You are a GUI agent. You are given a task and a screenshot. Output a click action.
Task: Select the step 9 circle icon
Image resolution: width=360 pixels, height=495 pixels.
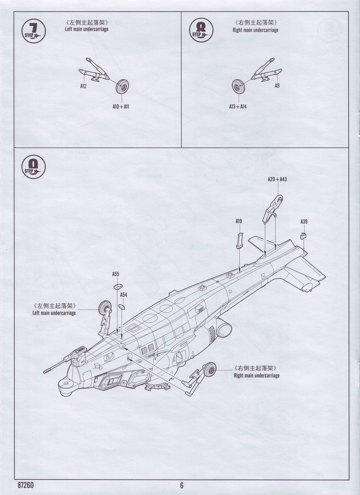point(33,167)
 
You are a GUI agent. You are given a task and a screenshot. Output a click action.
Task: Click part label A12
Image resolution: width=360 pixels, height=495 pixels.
point(83,86)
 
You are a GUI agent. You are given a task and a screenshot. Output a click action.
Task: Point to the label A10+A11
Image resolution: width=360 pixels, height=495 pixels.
point(121,106)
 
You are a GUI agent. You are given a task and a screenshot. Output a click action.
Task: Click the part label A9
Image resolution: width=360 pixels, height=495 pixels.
point(277,86)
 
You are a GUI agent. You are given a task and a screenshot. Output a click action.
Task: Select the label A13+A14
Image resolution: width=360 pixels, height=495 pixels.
point(238,106)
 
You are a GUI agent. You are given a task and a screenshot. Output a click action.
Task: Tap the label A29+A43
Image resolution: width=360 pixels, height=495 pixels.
point(277,179)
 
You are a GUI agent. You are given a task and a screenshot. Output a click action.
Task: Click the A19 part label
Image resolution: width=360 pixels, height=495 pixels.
point(238,221)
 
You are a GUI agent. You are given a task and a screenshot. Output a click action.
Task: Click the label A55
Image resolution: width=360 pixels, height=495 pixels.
point(116,274)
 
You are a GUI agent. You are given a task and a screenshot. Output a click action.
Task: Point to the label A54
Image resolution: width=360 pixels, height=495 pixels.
point(123,295)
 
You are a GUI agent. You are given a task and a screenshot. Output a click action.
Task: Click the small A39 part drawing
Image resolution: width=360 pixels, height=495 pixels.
point(303,236)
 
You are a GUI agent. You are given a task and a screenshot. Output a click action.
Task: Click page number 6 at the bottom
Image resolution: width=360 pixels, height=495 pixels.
point(182,485)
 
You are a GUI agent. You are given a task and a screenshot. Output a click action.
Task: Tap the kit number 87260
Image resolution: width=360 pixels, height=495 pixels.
point(26,485)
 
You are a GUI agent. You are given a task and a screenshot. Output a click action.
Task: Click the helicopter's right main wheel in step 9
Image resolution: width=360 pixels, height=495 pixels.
point(210,369)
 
